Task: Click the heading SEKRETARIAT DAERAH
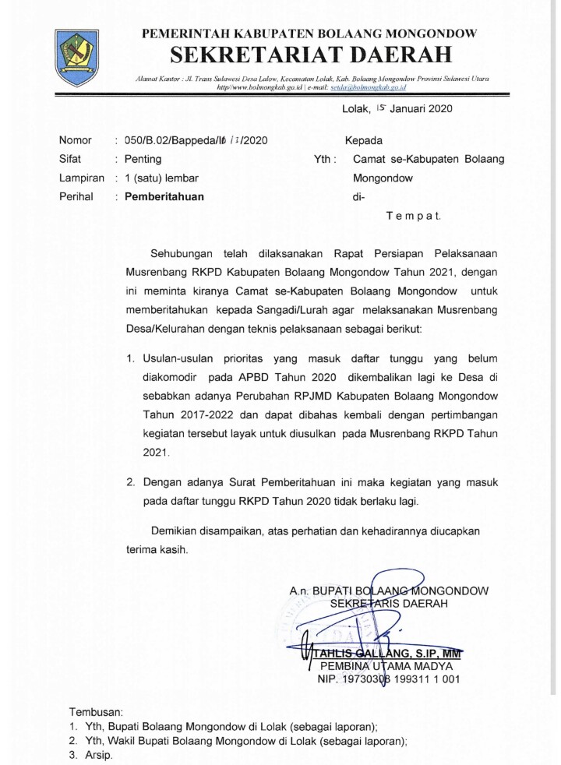(311, 55)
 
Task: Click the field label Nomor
(76, 141)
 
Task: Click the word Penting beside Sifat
(143, 159)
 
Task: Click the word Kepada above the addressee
(364, 141)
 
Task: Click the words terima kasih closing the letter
(157, 549)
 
